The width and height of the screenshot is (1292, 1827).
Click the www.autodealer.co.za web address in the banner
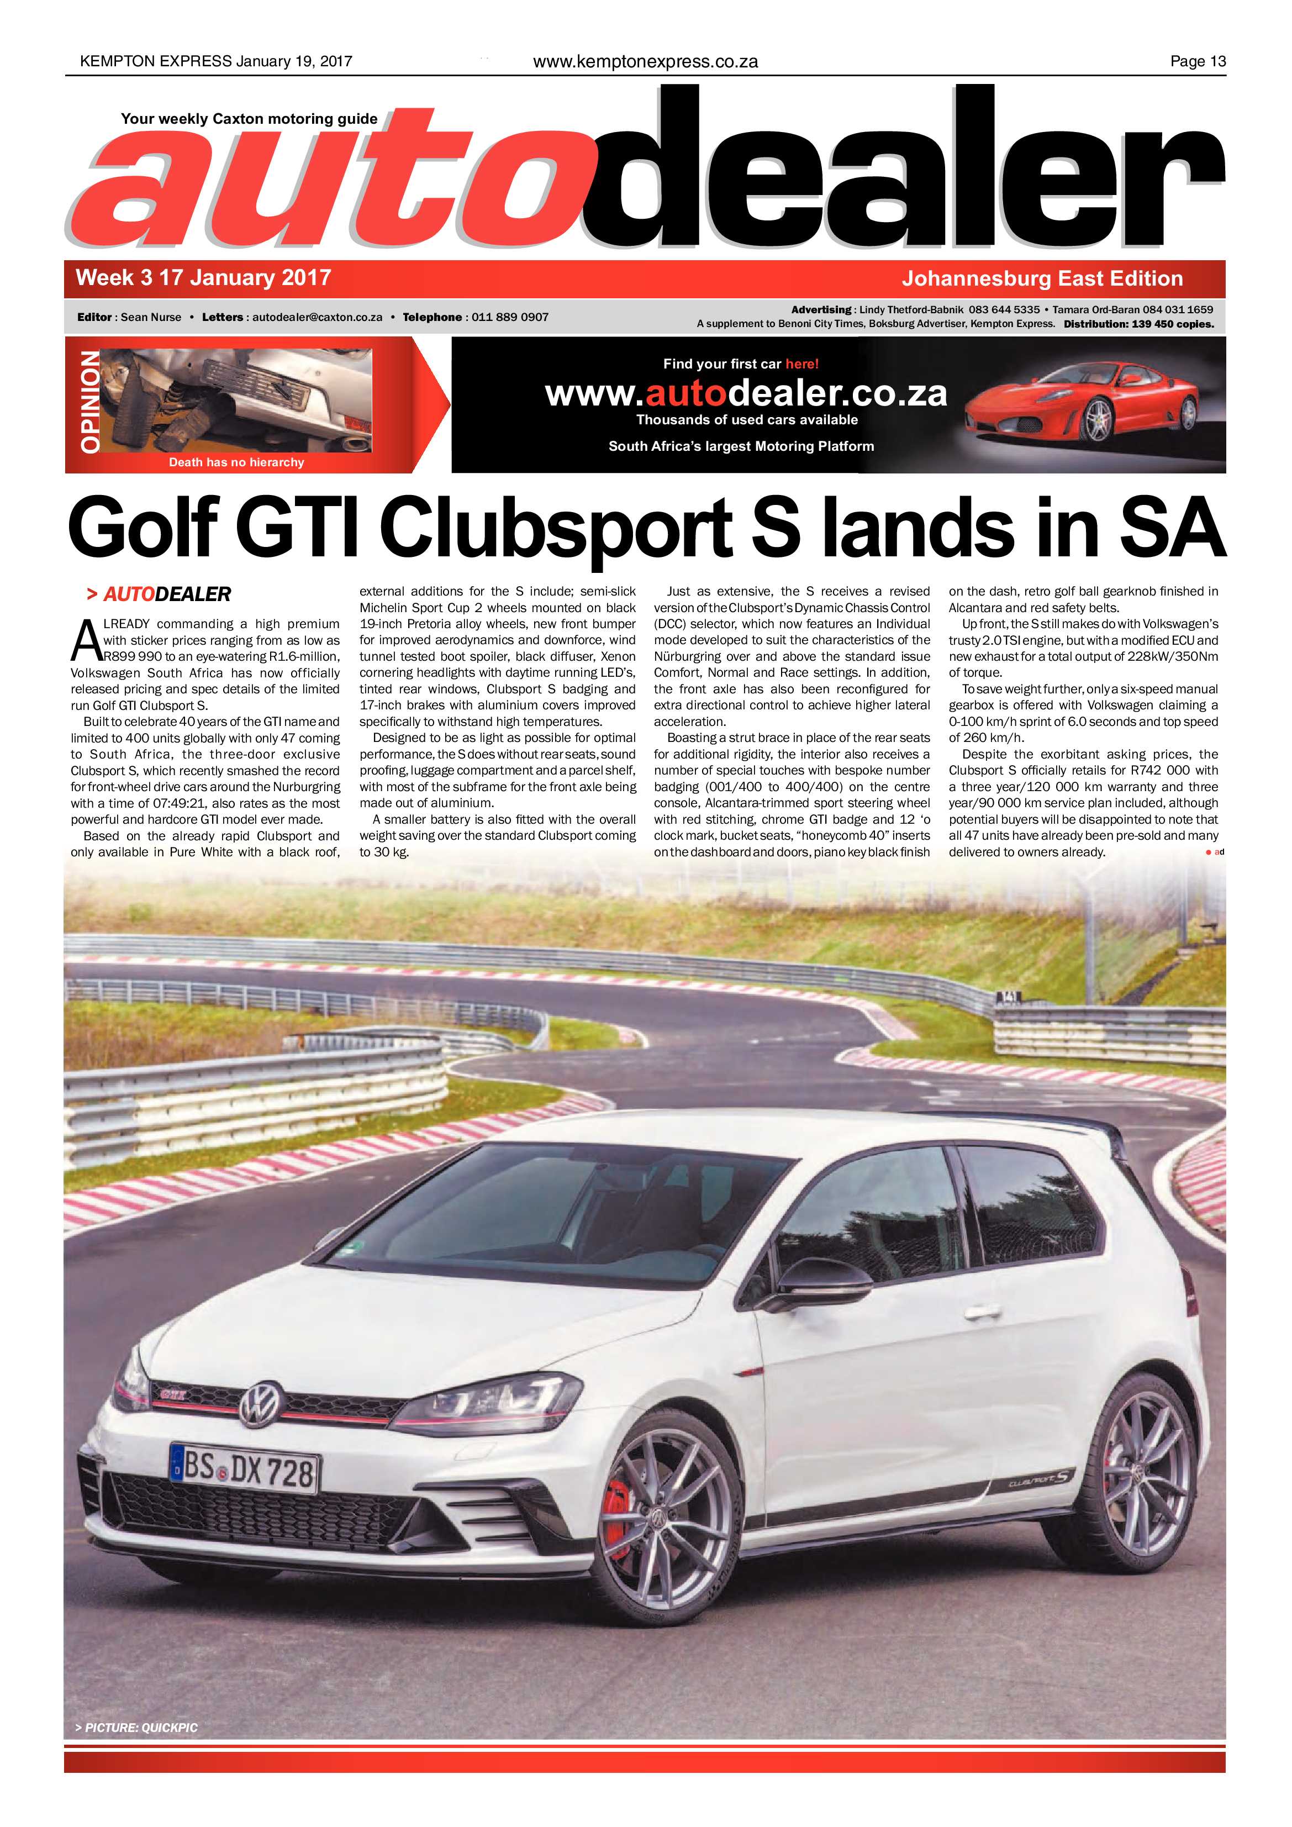[x=746, y=393]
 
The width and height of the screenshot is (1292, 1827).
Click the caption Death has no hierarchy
[x=236, y=462]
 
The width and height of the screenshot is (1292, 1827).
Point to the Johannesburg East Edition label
[x=1042, y=278]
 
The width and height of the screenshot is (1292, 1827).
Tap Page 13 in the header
[x=1198, y=61]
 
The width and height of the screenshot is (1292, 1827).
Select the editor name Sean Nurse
[x=151, y=317]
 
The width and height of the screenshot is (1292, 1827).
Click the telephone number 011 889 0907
[x=510, y=317]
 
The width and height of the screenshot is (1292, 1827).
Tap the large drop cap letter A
[x=85, y=641]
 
